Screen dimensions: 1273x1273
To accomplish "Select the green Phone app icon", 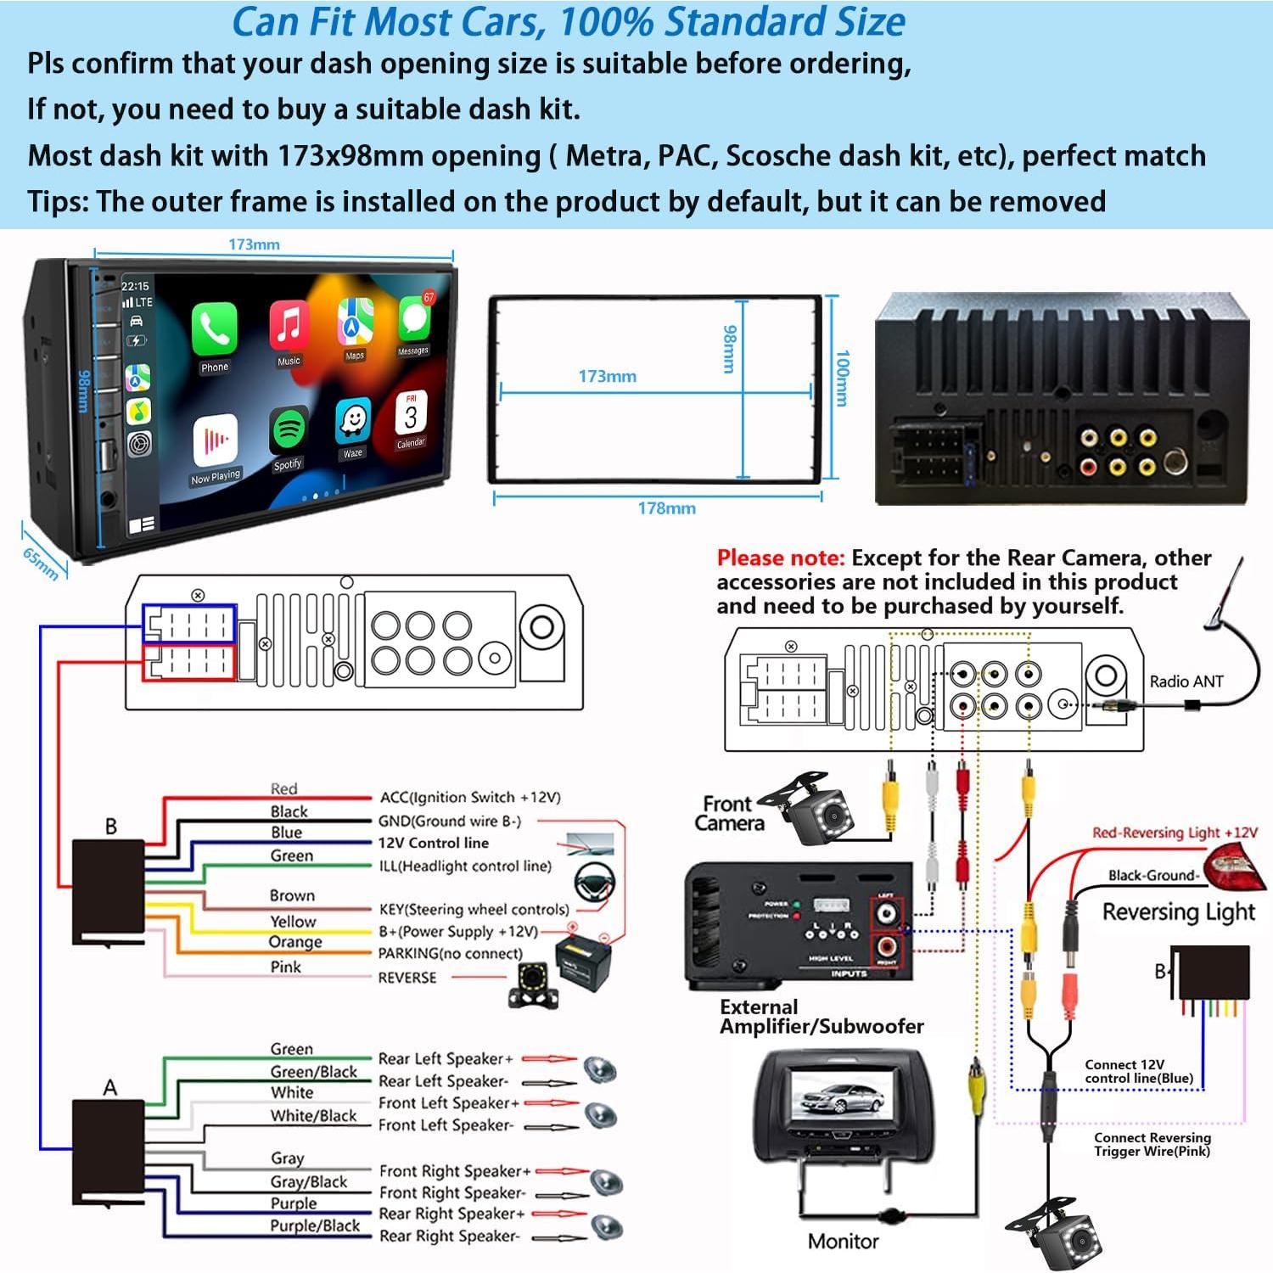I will (214, 329).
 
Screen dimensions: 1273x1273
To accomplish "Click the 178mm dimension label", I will (666, 508).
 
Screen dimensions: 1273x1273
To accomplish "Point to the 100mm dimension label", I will (842, 379).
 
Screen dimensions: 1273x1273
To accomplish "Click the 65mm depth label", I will (41, 563).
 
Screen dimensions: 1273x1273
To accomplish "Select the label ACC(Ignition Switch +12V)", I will (469, 797).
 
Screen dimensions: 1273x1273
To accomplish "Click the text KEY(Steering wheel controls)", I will (474, 909).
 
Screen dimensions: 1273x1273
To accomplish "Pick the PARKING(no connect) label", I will (450, 953).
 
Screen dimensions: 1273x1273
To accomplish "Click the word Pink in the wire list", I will (285, 967).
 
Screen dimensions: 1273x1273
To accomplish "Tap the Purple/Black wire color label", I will (315, 1225).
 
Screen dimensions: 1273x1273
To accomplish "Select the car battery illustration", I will (584, 963).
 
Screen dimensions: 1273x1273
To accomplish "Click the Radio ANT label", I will (1186, 681).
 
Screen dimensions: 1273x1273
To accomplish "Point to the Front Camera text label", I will (728, 813).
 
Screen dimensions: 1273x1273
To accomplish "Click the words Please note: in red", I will (780, 558).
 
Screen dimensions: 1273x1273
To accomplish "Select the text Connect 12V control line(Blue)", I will (1138, 1071).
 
